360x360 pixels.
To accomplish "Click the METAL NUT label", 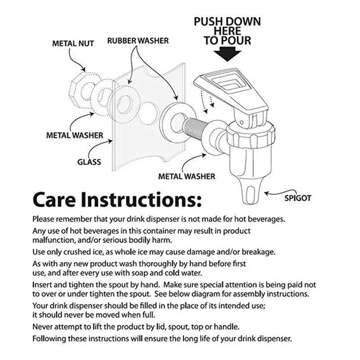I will coord(73,44).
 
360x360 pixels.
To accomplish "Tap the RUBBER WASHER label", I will coord(138,41).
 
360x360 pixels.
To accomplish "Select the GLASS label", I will coord(89,162).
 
